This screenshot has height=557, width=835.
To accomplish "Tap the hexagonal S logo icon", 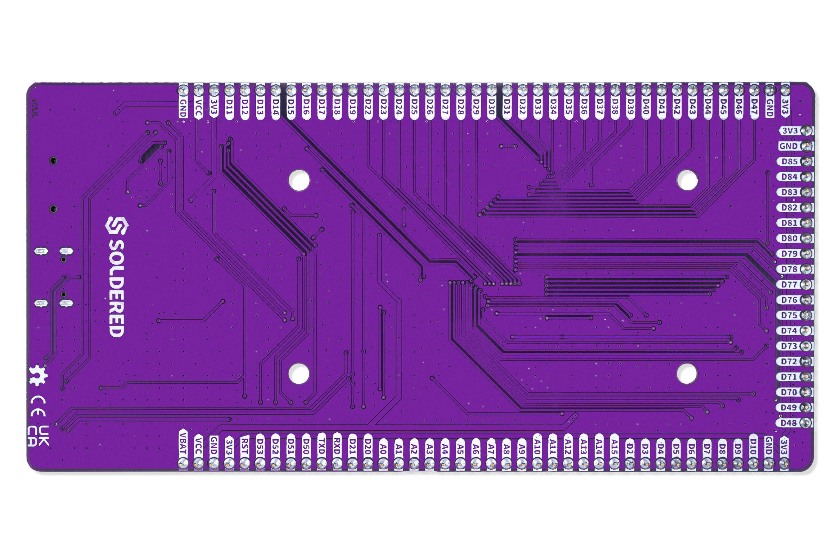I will pos(117,226).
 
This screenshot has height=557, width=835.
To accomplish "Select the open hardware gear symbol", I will pos(38,375).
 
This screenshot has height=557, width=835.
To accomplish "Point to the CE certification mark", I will pos(38,406).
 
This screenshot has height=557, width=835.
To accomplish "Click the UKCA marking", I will pos(38,436).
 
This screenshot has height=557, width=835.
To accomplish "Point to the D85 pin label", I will pos(789,161).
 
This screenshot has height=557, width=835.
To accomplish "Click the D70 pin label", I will pos(789,392).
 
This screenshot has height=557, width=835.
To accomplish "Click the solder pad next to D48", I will pos(806,423).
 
